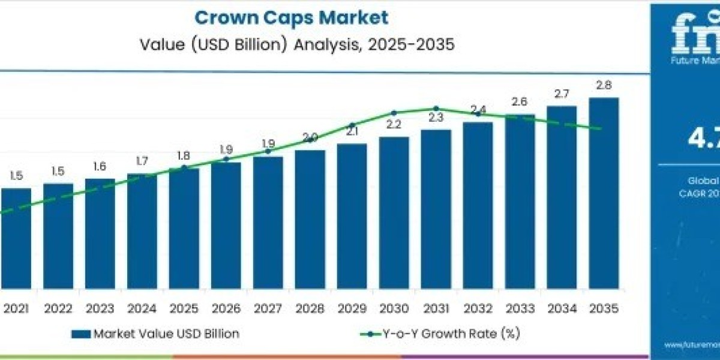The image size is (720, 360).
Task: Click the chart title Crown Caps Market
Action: [292, 17]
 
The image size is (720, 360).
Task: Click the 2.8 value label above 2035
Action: [604, 85]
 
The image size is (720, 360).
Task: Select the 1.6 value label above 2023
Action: [100, 166]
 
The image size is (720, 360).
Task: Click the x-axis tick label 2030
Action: [394, 308]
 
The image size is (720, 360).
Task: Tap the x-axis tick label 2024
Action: [142, 308]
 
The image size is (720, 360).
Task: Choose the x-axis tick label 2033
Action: [520, 308]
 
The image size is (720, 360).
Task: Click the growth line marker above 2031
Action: [436, 109]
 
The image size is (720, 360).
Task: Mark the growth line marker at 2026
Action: [226, 159]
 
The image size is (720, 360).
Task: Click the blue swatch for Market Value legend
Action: [80, 334]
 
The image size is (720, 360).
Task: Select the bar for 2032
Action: [478, 204]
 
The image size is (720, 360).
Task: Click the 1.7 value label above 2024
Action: [142, 161]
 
